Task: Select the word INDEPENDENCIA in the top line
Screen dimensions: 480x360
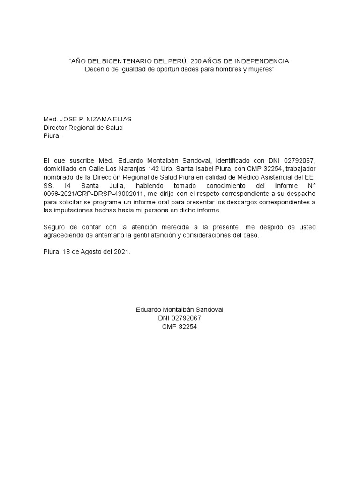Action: [263, 61]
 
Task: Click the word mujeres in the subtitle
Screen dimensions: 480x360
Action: [258, 69]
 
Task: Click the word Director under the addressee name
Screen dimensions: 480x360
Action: [56, 127]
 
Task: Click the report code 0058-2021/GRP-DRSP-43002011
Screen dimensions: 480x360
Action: [86, 194]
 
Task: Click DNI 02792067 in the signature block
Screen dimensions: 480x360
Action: [180, 318]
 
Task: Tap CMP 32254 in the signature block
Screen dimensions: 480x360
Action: [180, 327]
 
